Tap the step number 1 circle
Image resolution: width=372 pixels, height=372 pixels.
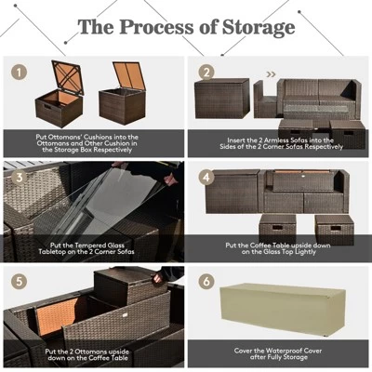[16, 71]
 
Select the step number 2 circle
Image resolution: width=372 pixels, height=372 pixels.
[206, 71]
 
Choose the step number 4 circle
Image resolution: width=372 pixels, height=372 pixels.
[206, 176]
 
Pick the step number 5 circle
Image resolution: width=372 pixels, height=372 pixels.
[16, 280]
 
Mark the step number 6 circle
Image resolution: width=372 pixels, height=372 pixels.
[206, 280]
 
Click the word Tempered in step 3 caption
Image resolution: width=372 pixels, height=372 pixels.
[73, 242]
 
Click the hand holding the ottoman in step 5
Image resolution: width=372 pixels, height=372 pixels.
[156, 275]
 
